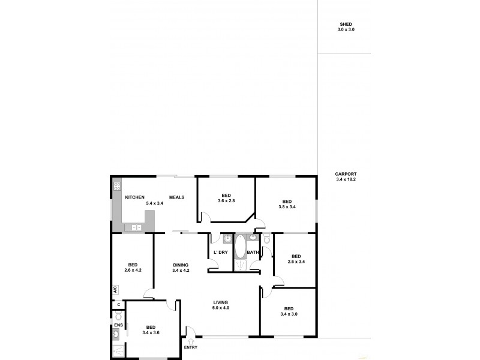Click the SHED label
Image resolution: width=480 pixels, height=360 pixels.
tap(346, 24)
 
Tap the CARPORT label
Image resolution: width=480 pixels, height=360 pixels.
tap(346, 173)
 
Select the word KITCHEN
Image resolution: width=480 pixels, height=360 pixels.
tap(134, 197)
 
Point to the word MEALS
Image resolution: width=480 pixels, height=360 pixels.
tap(176, 197)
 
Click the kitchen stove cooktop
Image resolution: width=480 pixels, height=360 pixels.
tap(116, 187)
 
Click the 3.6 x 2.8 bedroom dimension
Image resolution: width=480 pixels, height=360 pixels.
tap(226, 200)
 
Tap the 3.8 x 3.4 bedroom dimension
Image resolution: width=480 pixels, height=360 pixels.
tap(287, 206)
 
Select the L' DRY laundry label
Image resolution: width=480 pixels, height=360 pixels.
tap(220, 252)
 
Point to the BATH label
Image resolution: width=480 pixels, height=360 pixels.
tap(253, 252)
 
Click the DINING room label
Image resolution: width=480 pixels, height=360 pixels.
tap(181, 265)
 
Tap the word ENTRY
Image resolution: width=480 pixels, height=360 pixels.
tap(190, 348)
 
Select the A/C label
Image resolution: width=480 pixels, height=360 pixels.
tap(115, 289)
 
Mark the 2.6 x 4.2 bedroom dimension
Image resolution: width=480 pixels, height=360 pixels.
tap(133, 270)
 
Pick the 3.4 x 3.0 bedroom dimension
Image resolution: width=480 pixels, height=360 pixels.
tap(289, 314)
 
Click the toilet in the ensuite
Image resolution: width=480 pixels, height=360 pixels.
tap(118, 314)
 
